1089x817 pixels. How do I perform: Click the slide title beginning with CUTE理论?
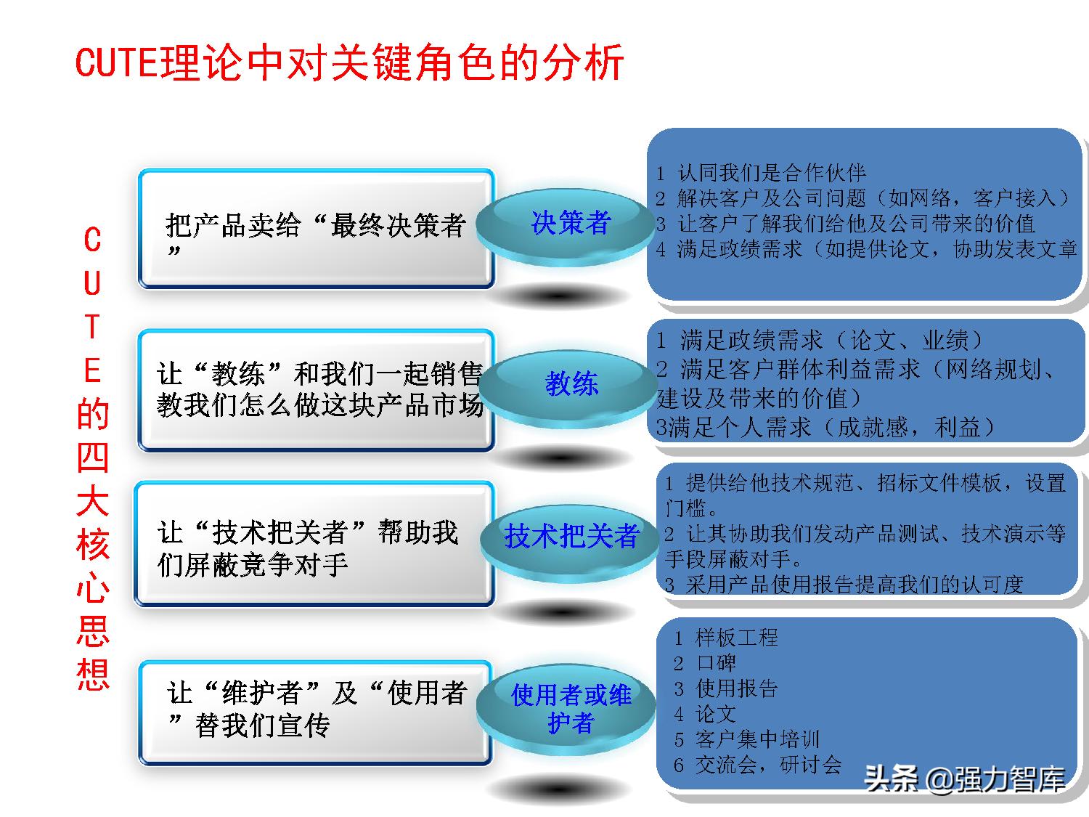(349, 62)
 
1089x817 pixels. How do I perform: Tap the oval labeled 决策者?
(571, 222)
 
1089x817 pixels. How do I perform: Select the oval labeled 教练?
(571, 383)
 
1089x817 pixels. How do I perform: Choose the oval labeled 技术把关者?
(571, 536)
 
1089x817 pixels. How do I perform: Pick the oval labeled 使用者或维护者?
(571, 709)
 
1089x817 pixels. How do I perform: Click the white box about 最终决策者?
(316, 229)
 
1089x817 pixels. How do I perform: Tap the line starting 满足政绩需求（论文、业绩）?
(820, 340)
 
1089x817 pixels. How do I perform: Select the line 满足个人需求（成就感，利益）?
(825, 427)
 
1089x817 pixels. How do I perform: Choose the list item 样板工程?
(726, 638)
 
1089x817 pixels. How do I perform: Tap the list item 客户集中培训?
(747, 739)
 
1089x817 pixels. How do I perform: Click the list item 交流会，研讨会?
(758, 764)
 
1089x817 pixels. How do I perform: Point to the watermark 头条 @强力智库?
(965, 779)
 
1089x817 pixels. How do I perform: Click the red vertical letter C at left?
(92, 240)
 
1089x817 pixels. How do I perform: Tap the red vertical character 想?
(93, 675)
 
